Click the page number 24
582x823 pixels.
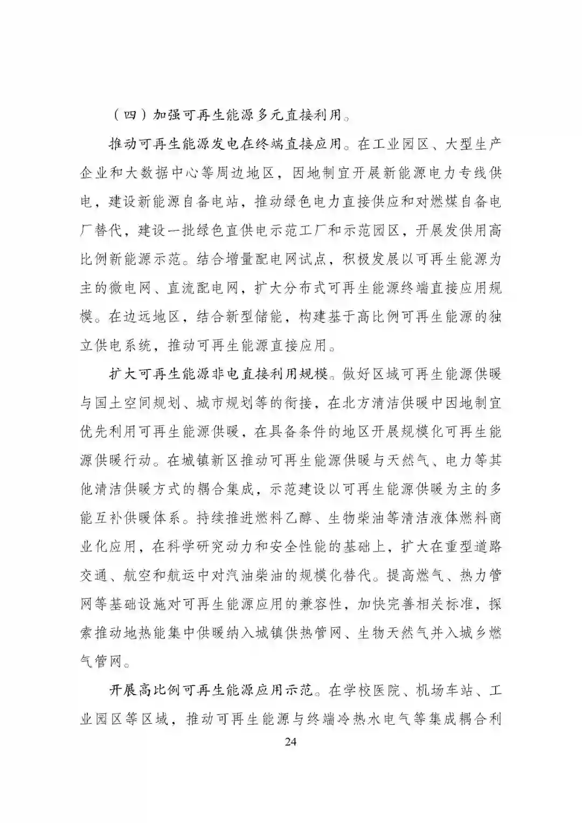(290, 742)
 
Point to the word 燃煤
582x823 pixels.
(431, 203)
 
